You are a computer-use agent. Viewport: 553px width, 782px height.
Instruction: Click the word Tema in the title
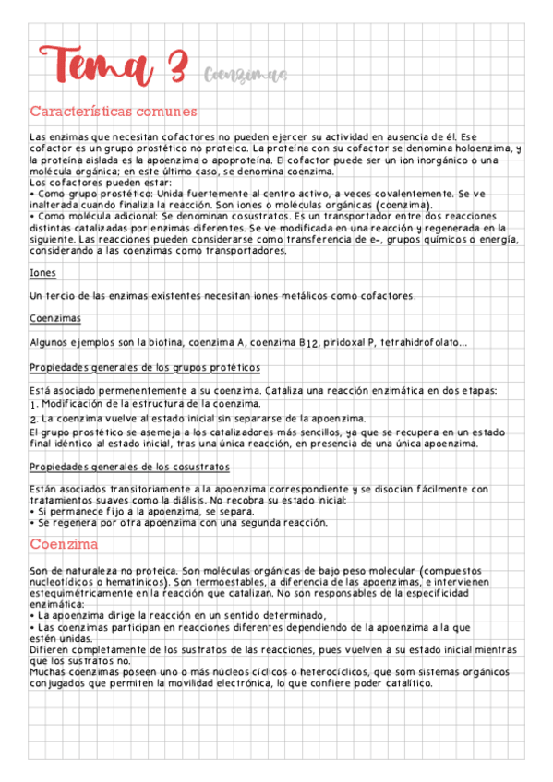coord(96,65)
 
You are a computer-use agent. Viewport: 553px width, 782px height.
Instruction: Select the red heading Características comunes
coord(114,112)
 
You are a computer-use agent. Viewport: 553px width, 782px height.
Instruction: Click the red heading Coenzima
coord(64,544)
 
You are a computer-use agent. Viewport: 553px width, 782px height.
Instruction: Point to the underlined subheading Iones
coord(42,274)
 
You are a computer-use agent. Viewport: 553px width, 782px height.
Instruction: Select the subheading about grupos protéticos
coord(145,367)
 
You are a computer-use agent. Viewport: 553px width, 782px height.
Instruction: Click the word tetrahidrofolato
coord(419,343)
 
